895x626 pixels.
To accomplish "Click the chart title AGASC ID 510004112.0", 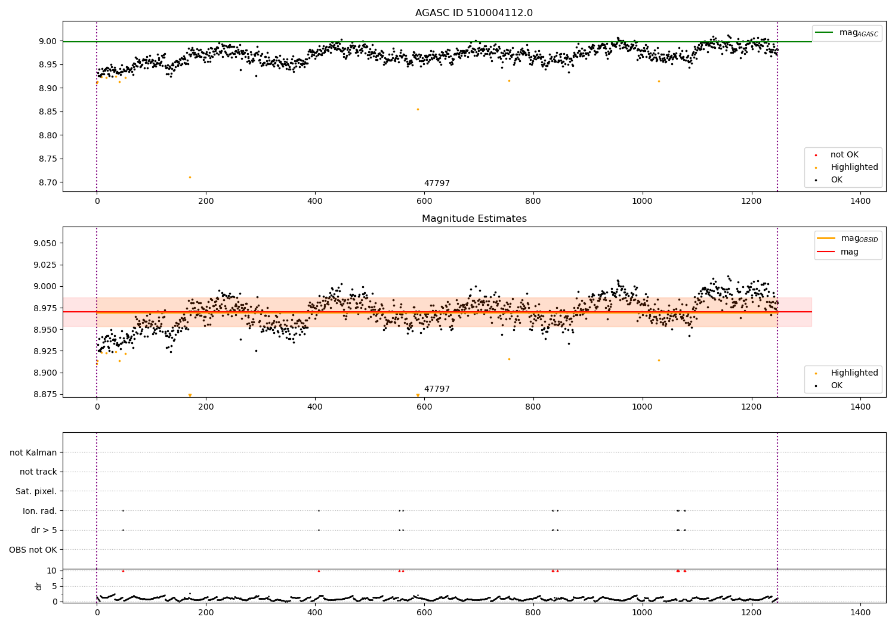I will coord(474,13).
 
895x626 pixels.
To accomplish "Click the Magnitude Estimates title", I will coord(474,219).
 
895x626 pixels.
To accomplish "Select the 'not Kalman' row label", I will coord(33,453).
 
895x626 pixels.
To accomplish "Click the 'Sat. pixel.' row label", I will coord(36,491).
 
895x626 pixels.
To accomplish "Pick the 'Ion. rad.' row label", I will coord(40,511).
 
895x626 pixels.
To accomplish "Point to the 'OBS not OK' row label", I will coord(33,550).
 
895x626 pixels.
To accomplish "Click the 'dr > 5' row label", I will coord(44,530).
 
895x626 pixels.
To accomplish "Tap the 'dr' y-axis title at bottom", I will coord(39,586).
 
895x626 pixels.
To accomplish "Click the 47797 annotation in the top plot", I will coord(437,184).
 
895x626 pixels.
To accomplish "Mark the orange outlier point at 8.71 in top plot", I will coord(190,177).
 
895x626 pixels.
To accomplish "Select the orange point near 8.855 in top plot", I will coord(418,109).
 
